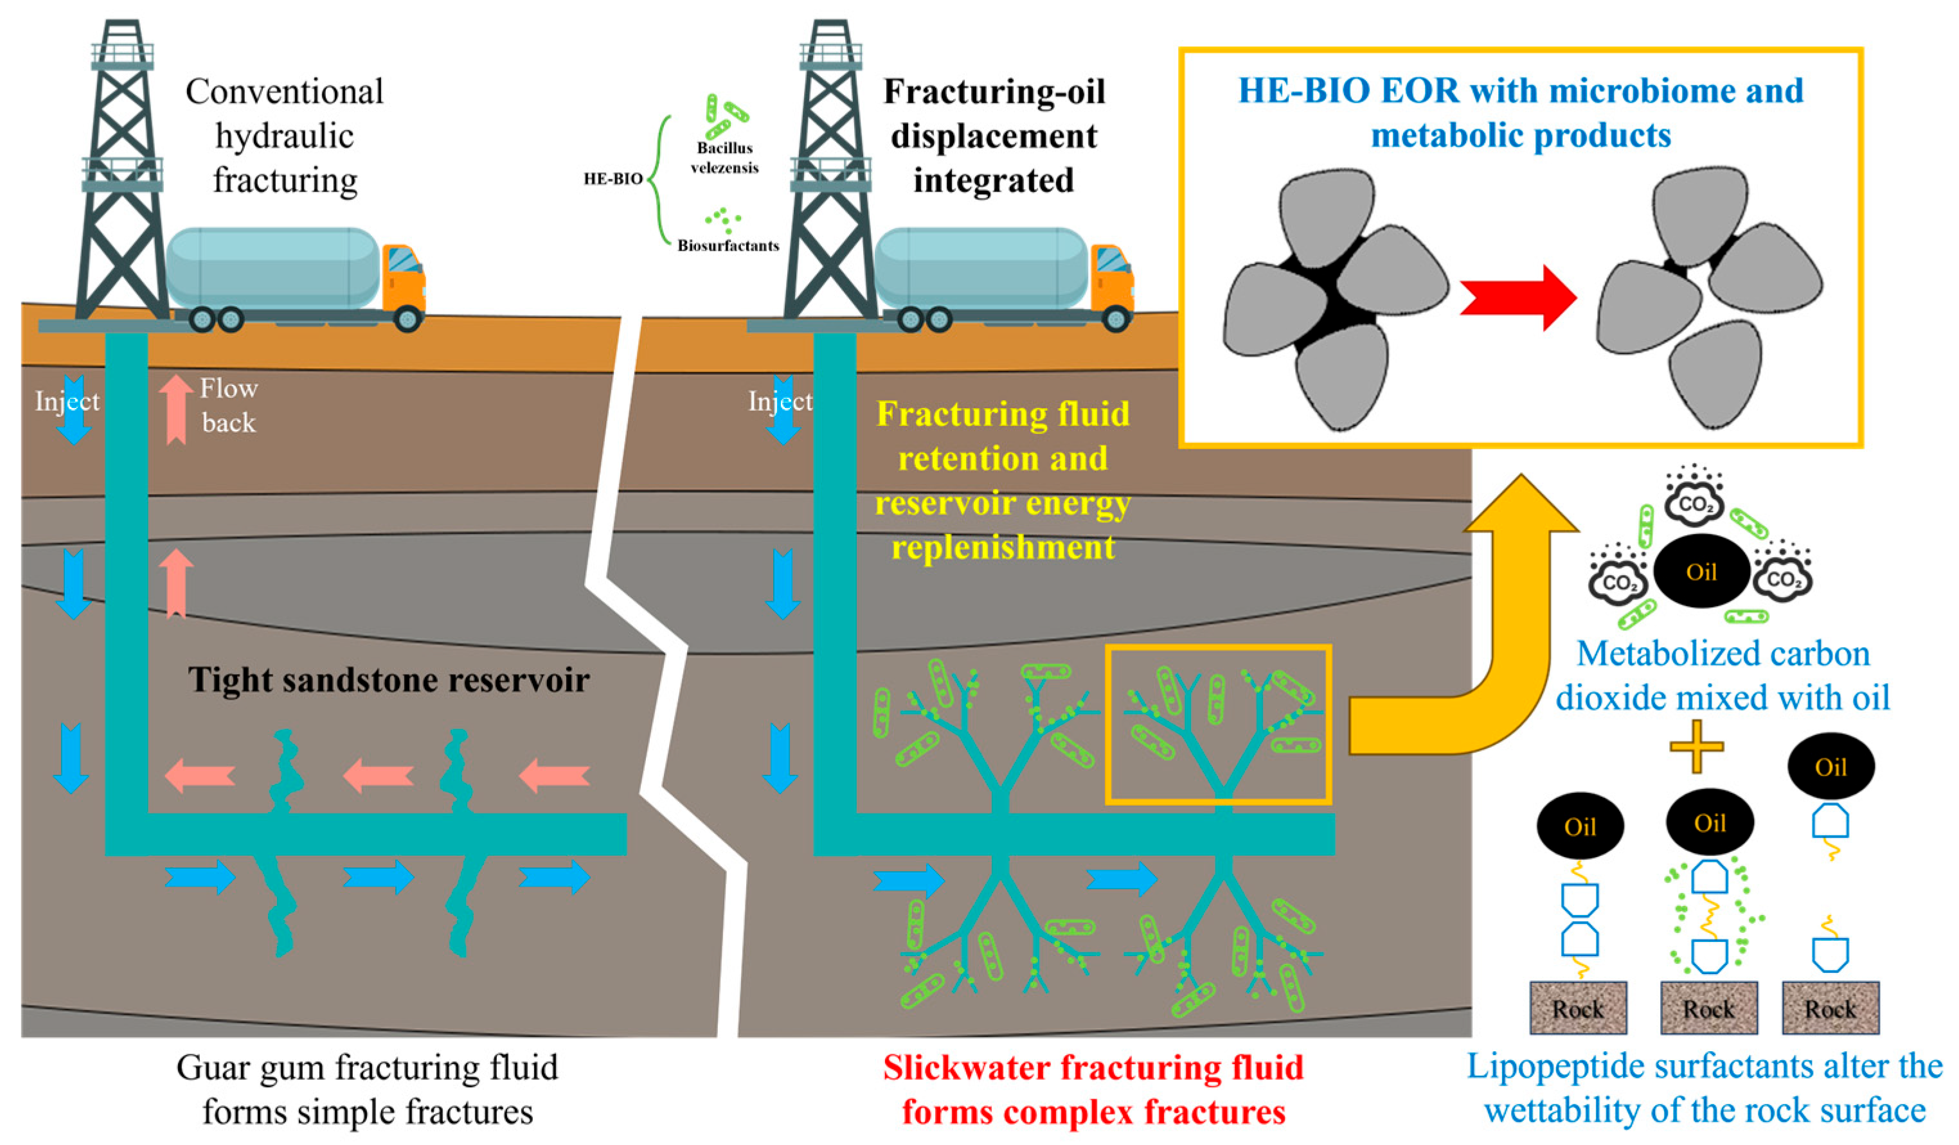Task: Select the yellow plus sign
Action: click(1696, 745)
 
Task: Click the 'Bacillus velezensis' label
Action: click(724, 158)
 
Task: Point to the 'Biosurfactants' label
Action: click(728, 245)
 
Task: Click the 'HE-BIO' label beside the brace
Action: click(613, 179)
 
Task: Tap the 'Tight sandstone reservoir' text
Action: click(389, 679)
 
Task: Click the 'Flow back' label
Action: click(229, 405)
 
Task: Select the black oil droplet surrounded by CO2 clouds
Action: click(1701, 572)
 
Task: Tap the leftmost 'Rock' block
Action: click(1577, 1008)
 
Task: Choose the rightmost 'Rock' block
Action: click(1830, 1008)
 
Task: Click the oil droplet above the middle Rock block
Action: click(1710, 822)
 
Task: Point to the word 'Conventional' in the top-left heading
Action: click(285, 92)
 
